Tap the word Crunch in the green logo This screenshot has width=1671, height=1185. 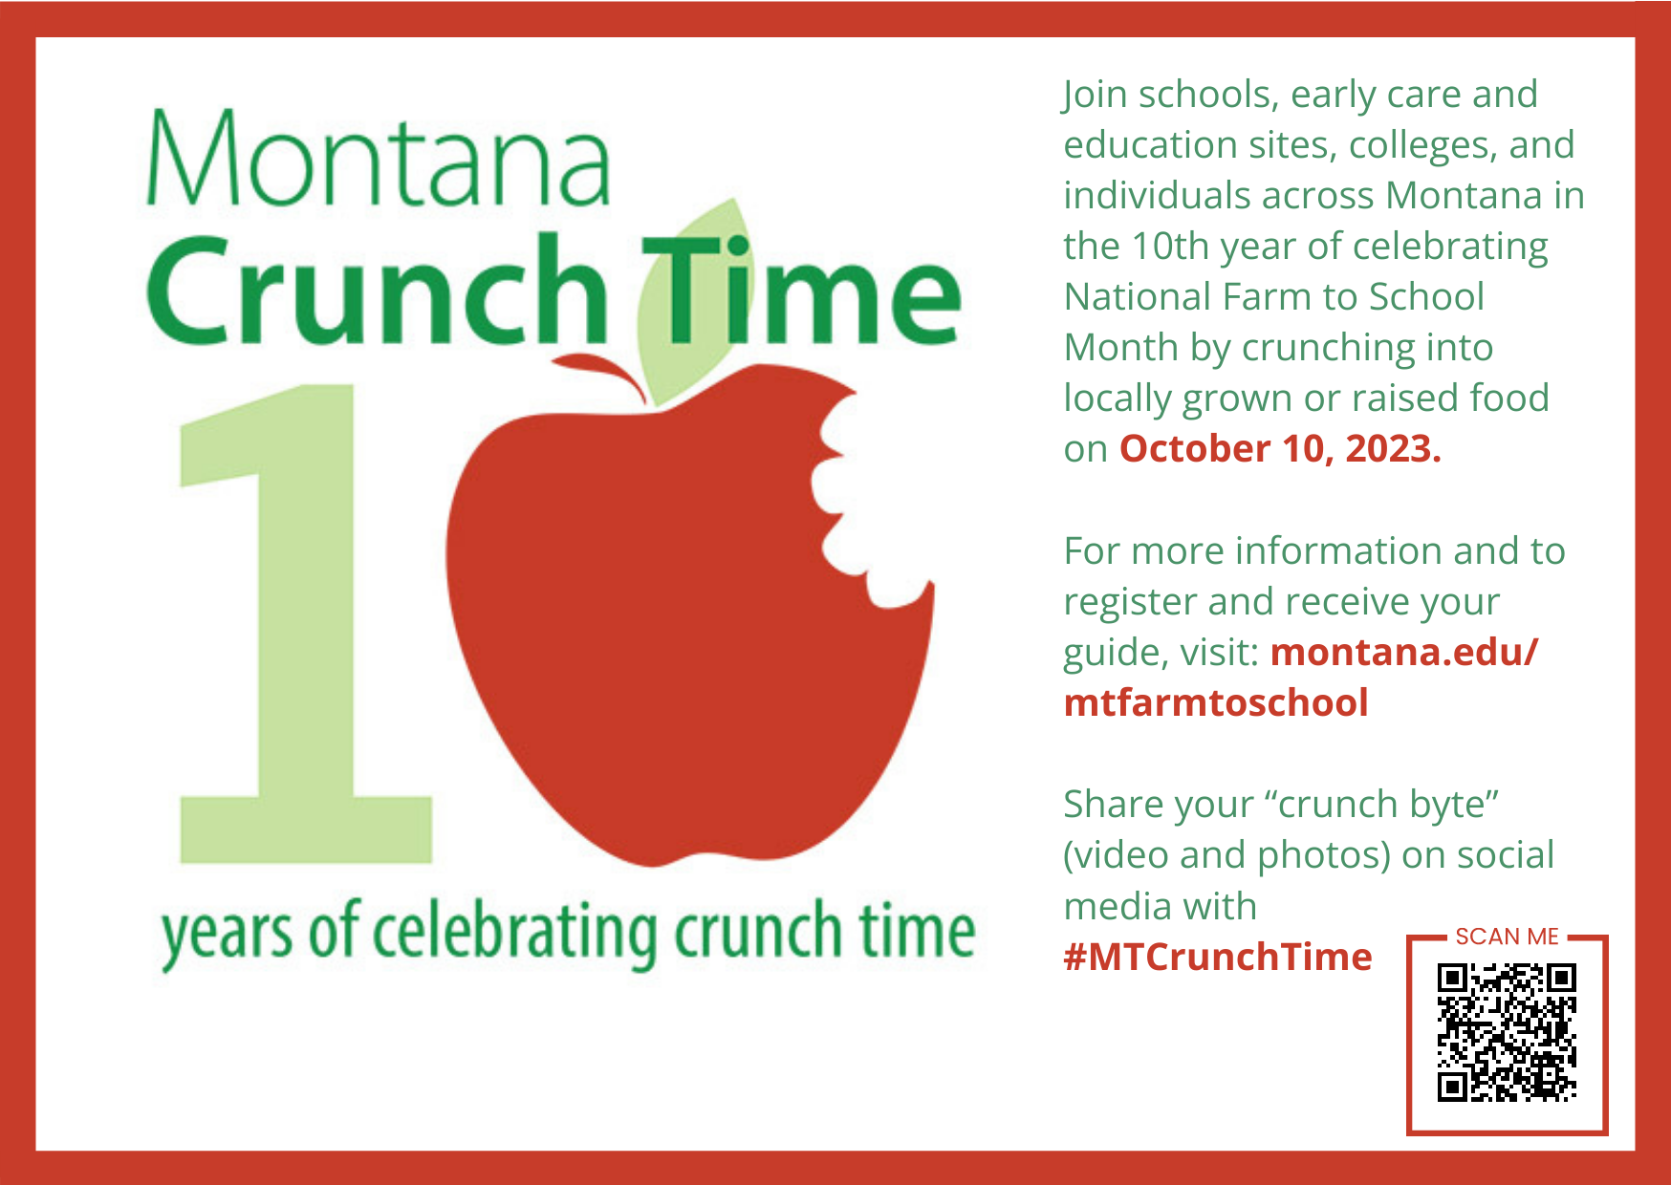point(377,290)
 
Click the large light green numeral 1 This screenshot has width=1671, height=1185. point(306,624)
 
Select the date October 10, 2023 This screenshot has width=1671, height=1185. point(1280,449)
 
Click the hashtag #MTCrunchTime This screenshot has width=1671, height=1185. point(1218,957)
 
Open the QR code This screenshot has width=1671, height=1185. point(1507,1033)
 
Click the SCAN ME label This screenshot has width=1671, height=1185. point(1507,937)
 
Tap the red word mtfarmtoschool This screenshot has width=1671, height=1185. point(1216,702)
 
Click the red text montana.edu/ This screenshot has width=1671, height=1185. point(1404,652)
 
